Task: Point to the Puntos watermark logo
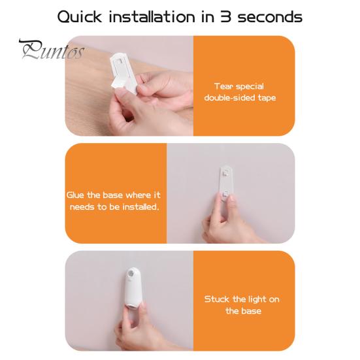[x=52, y=50]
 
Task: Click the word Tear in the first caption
[x=222, y=86]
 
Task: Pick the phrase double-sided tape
[x=240, y=98]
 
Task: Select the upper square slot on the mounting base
[x=225, y=173]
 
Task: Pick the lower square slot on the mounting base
[x=225, y=194]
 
